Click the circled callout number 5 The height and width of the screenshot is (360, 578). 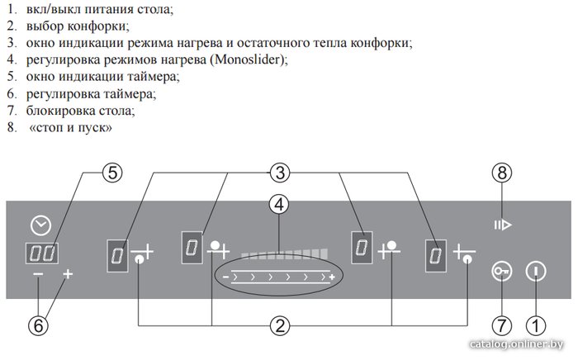[112, 173]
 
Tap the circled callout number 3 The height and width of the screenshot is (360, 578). [280, 173]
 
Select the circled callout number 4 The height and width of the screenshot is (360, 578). [279, 205]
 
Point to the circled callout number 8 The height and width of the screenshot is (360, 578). [502, 173]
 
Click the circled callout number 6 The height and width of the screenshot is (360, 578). [38, 325]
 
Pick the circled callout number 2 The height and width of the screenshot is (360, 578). [280, 325]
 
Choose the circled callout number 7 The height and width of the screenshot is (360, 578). [502, 325]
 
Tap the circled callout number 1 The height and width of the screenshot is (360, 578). [536, 325]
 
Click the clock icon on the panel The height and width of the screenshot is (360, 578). [41, 225]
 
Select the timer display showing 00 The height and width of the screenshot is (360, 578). [41, 253]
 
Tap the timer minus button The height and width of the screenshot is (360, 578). [38, 274]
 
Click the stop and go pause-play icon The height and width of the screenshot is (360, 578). [503, 225]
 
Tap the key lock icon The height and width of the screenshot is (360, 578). [502, 272]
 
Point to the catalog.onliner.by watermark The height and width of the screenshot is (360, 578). [516, 344]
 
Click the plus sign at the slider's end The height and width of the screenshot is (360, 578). [332, 277]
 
